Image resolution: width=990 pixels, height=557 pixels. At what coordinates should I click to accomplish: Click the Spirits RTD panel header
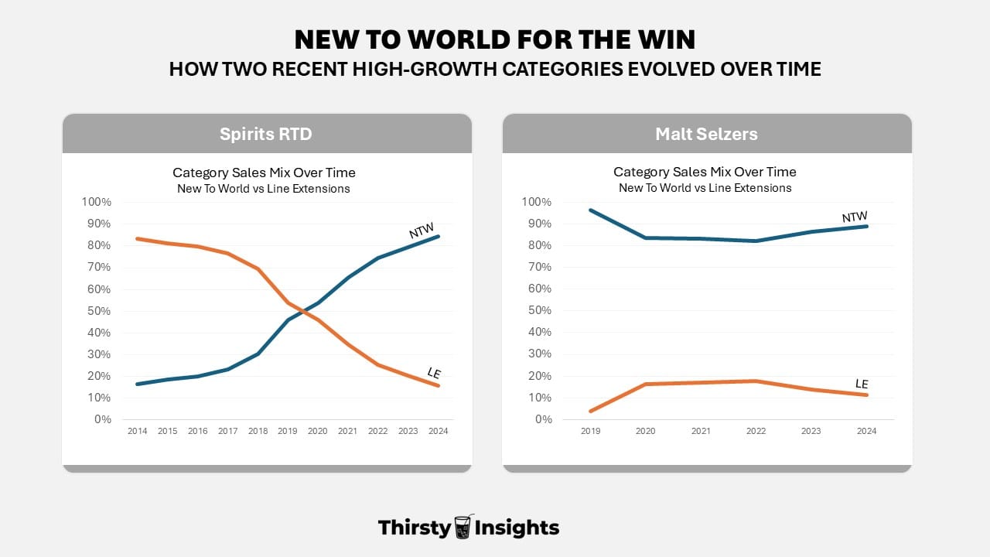click(266, 134)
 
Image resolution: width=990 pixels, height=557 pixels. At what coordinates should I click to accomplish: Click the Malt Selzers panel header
click(706, 134)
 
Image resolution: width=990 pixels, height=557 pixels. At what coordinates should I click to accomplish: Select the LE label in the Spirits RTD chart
click(434, 374)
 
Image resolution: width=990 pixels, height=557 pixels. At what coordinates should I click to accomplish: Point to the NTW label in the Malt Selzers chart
click(855, 217)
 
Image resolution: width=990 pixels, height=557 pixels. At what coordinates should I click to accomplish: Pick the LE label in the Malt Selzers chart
click(862, 384)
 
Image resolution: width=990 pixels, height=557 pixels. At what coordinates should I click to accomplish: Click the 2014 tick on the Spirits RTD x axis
click(137, 431)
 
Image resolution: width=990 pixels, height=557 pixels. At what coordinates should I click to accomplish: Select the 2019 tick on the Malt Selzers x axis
click(590, 431)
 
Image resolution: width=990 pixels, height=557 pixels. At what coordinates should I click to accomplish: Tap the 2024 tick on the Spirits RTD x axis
click(439, 431)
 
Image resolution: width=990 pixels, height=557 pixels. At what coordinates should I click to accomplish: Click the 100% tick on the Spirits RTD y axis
click(97, 202)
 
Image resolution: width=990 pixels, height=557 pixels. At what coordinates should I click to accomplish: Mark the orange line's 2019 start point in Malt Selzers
click(590, 411)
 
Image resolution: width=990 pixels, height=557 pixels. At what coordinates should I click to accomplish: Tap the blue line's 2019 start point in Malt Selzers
click(590, 210)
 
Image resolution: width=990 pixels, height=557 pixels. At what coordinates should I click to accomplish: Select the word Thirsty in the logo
click(414, 528)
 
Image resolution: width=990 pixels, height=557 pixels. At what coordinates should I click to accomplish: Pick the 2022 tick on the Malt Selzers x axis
click(756, 431)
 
